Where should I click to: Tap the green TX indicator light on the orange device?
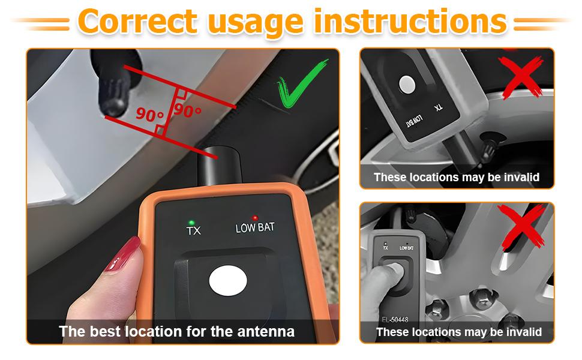191,223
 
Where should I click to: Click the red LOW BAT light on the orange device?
254,218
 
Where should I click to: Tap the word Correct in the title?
137,22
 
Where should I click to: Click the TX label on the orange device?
193,231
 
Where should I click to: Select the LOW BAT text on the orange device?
255,227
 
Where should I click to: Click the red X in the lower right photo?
521,226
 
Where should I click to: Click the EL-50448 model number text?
395,319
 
